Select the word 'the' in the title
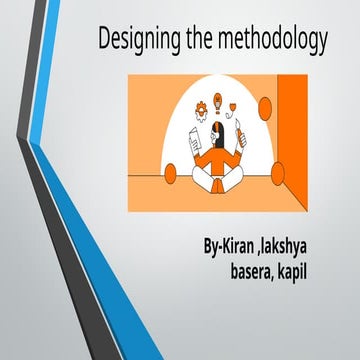(x=205, y=41)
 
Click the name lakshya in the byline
(x=299, y=246)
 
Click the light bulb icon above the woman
(x=219, y=101)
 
